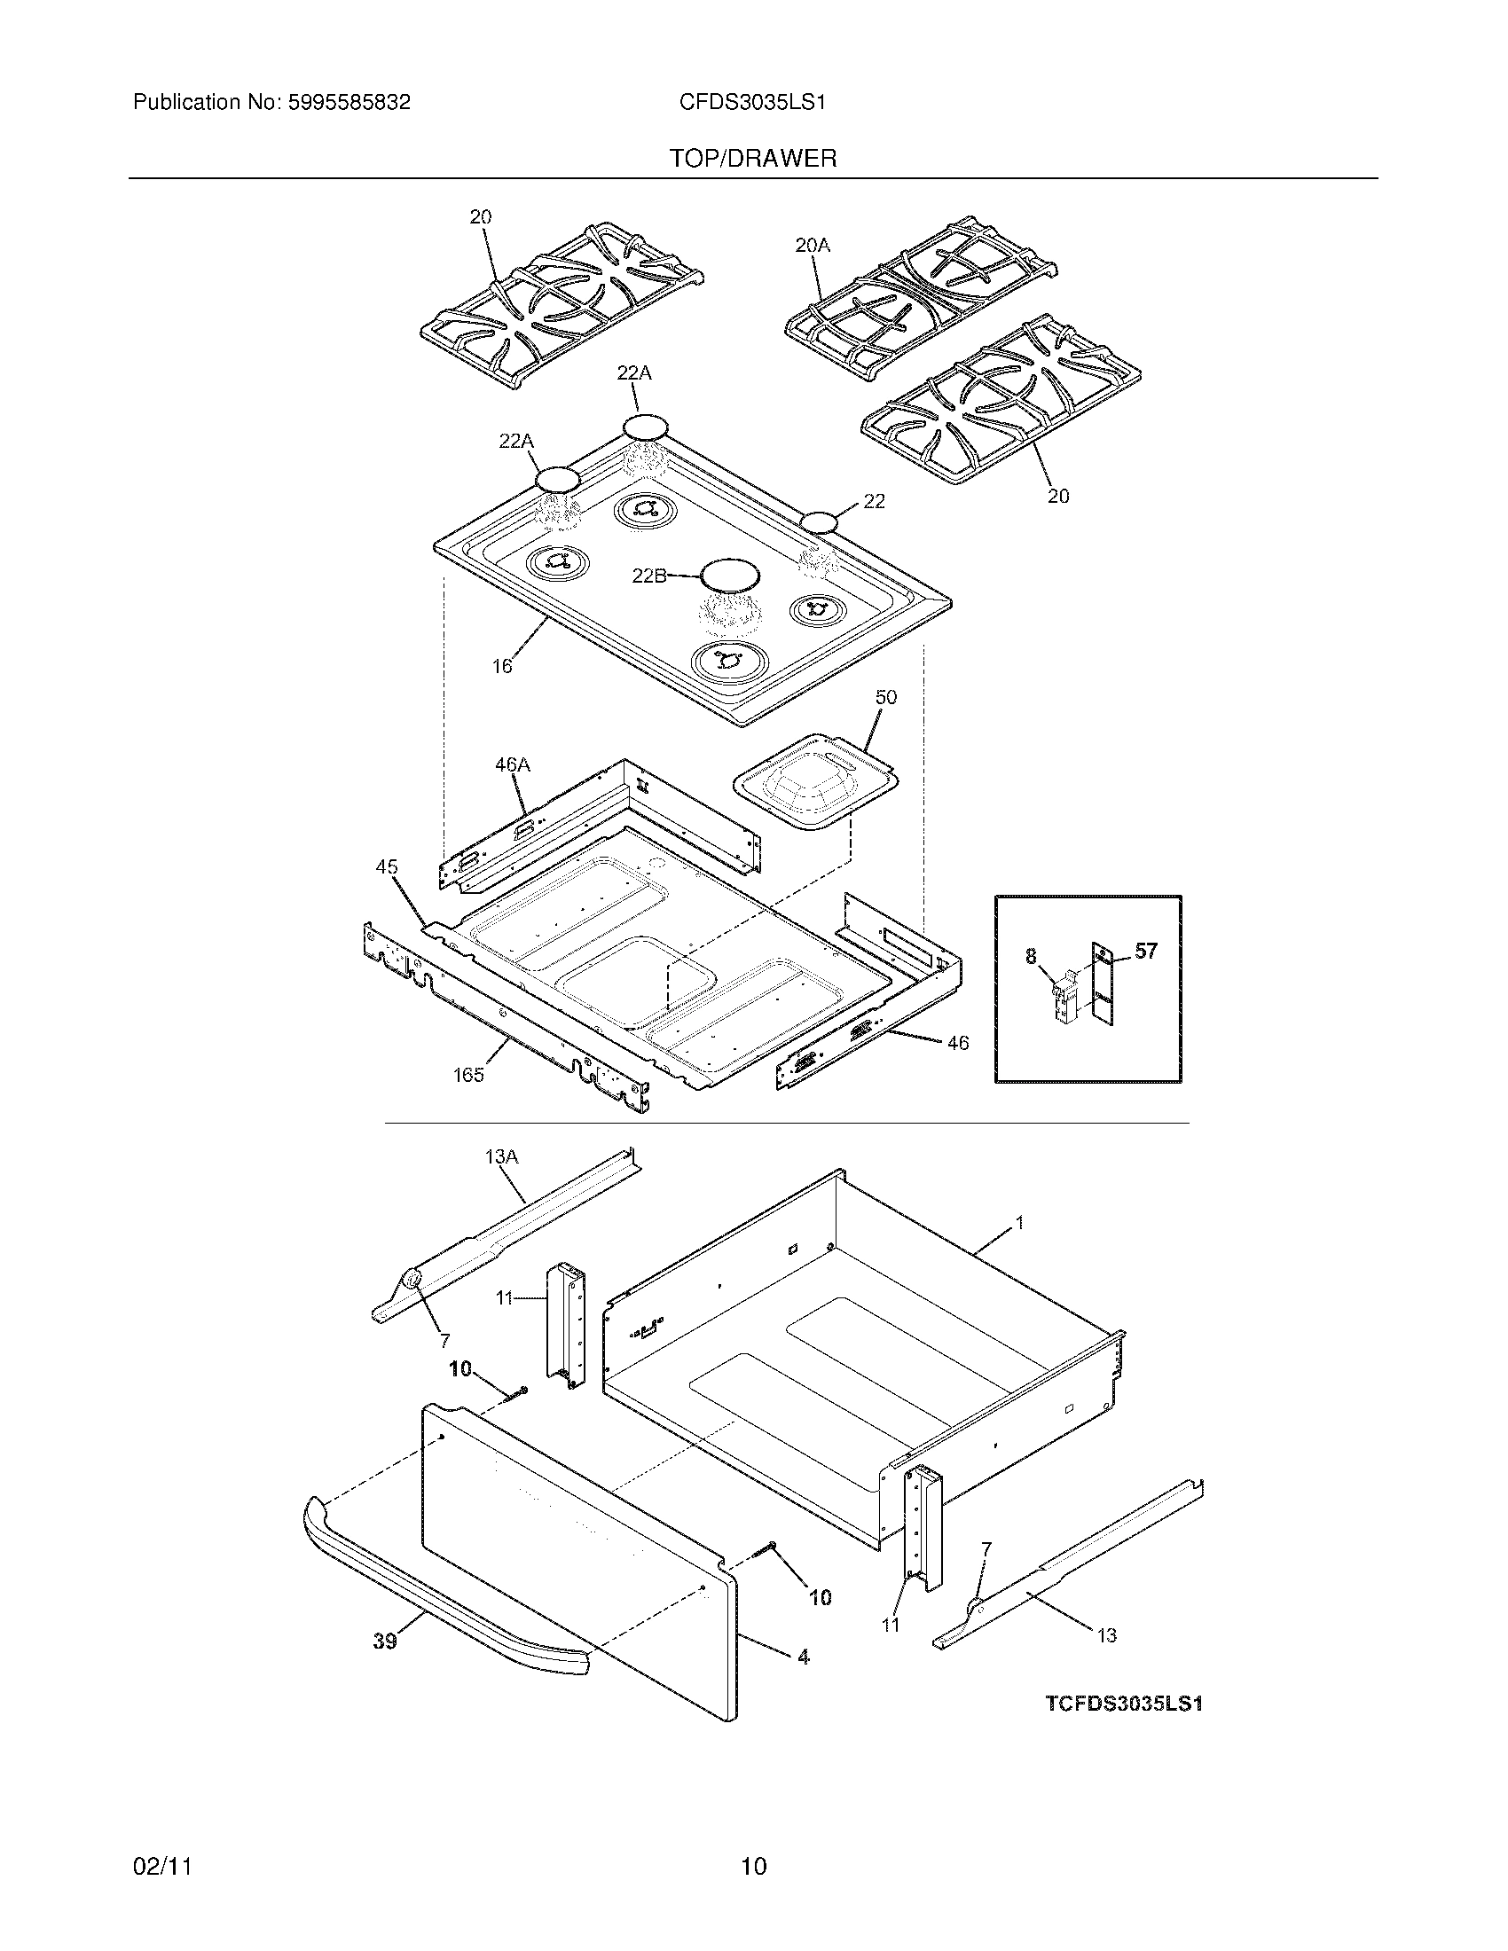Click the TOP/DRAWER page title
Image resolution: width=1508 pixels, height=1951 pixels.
click(753, 159)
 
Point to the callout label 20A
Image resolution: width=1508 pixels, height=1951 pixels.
click(812, 245)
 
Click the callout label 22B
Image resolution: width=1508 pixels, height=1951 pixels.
click(648, 576)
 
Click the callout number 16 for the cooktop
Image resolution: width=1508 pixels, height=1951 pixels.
click(502, 665)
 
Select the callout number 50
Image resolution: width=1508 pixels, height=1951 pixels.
click(885, 697)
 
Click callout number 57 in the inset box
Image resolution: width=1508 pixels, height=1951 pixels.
click(1146, 952)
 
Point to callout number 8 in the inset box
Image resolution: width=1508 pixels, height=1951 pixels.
click(1031, 957)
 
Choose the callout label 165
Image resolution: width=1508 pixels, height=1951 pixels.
click(468, 1076)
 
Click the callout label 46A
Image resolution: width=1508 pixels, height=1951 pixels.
click(513, 764)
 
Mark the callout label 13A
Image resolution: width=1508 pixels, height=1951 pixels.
click(501, 1156)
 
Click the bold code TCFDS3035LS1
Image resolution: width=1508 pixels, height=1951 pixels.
click(1124, 1704)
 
